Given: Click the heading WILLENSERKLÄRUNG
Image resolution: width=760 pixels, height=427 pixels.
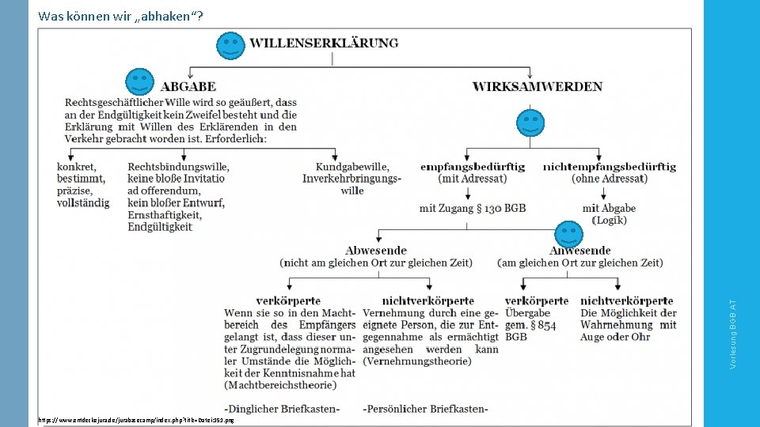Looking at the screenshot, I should point(325,43).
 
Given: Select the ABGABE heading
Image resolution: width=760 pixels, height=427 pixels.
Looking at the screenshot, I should point(188,86).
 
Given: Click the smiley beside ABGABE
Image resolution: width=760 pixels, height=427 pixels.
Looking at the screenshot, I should point(139,82).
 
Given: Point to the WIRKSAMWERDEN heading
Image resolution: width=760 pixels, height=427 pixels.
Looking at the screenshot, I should point(537,86).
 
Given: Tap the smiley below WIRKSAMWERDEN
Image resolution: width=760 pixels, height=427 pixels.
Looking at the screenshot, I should point(530,123).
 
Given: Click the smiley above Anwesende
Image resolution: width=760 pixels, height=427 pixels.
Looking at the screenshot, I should point(568,234).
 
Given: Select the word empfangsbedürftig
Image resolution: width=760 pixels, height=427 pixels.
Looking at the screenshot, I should point(473,167).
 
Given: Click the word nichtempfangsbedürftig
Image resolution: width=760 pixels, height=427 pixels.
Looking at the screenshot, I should point(609,167).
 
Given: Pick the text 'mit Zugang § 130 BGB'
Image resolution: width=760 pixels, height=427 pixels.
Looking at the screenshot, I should point(473,208).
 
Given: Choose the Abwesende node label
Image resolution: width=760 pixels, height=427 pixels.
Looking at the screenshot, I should point(376,250).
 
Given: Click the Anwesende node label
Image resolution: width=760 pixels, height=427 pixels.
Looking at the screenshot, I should point(579,250).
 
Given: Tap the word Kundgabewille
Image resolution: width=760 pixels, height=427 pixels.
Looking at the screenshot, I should point(352,167).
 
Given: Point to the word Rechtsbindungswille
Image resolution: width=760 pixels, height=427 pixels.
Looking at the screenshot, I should point(178,167).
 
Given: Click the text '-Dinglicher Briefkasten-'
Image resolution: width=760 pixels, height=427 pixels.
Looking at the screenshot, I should point(282,409).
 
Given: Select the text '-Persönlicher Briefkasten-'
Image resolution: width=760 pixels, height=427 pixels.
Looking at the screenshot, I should point(425,409).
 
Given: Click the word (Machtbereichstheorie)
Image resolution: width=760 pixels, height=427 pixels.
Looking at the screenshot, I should point(280,385).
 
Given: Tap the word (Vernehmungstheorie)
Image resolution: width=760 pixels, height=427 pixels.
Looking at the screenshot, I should point(417,361).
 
